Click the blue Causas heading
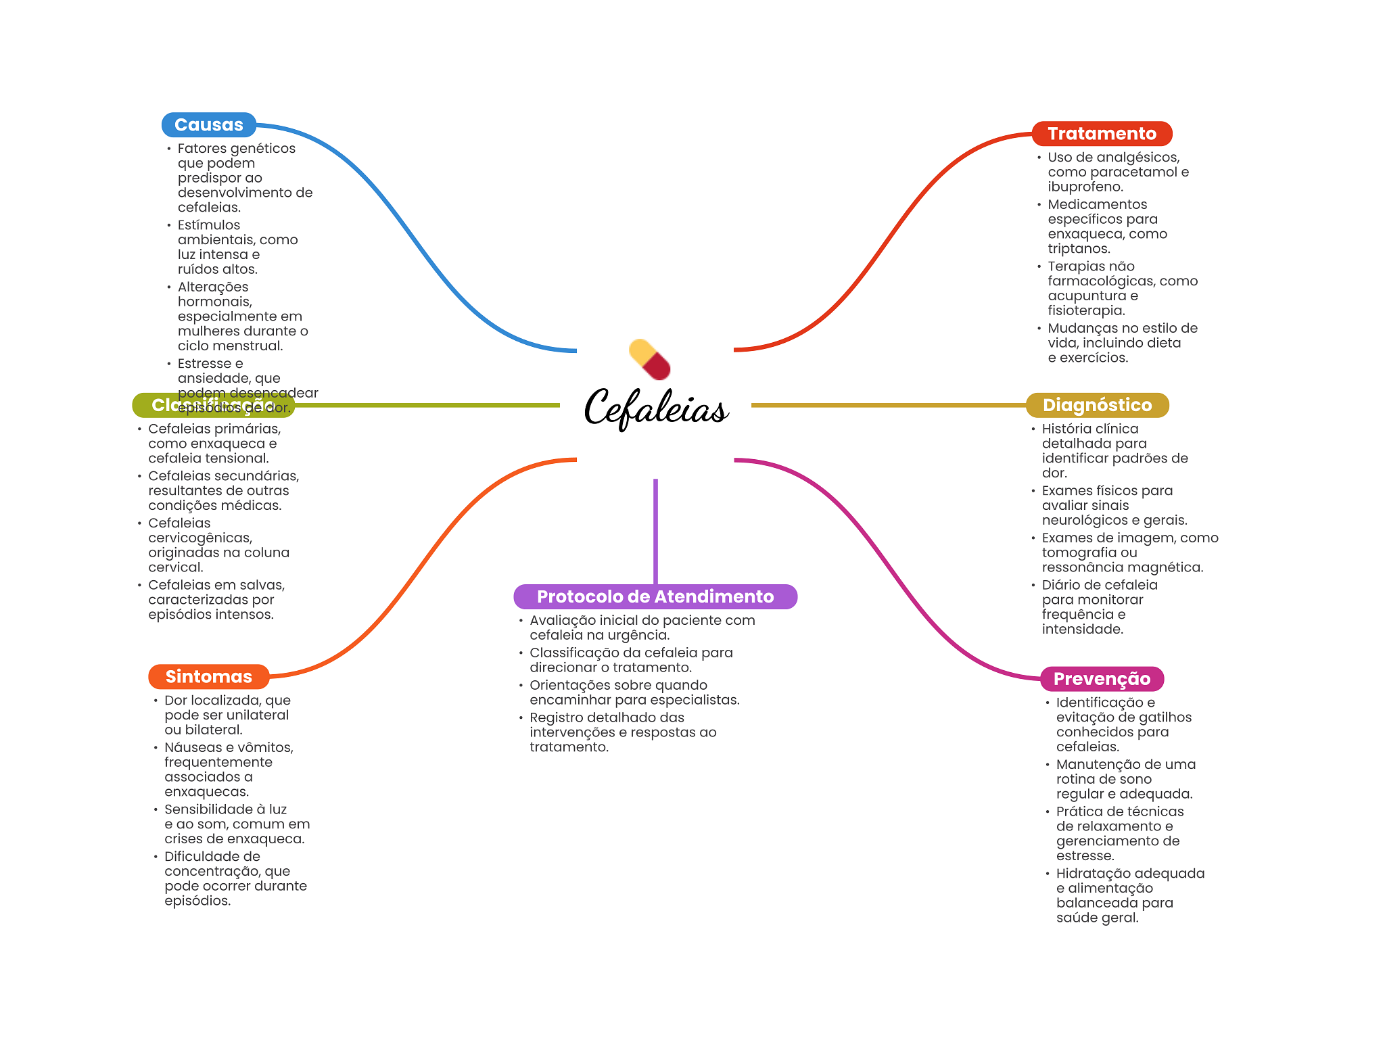pos(208,125)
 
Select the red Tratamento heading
pos(1102,134)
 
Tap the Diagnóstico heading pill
pos(1097,405)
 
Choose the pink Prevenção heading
pos(1102,679)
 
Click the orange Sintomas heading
pos(208,677)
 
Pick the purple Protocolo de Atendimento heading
pos(655,596)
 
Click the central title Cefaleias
pos(655,408)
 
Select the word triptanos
pos(1079,249)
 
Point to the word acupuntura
pos(1087,296)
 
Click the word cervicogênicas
pos(200,538)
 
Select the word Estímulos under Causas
pos(208,225)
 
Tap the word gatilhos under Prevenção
pos(1159,717)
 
